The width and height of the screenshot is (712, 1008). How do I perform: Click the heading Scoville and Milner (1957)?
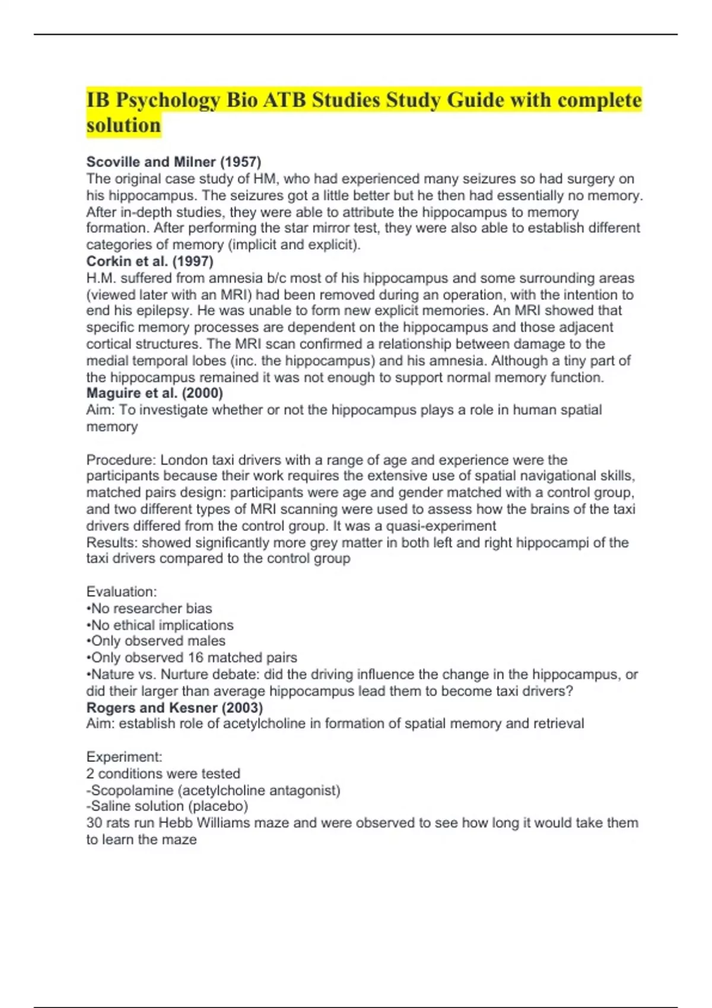(x=173, y=162)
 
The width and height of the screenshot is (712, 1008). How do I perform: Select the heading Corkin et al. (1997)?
(x=150, y=261)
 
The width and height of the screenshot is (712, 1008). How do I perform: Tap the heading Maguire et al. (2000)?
(x=154, y=393)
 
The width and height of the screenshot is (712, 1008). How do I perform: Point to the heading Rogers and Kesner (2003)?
(x=174, y=707)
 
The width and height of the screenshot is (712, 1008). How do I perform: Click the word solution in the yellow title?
(x=123, y=126)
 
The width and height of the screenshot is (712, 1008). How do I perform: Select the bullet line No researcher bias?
(x=150, y=608)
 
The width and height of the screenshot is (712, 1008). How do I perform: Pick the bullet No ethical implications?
(x=160, y=625)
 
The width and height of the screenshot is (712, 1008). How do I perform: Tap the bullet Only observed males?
(x=156, y=641)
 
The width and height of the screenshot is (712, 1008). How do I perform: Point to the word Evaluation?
(x=122, y=592)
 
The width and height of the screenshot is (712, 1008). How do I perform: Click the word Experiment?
(x=124, y=757)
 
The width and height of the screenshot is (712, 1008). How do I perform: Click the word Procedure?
(x=121, y=460)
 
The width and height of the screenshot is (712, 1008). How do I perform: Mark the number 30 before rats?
(x=94, y=823)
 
